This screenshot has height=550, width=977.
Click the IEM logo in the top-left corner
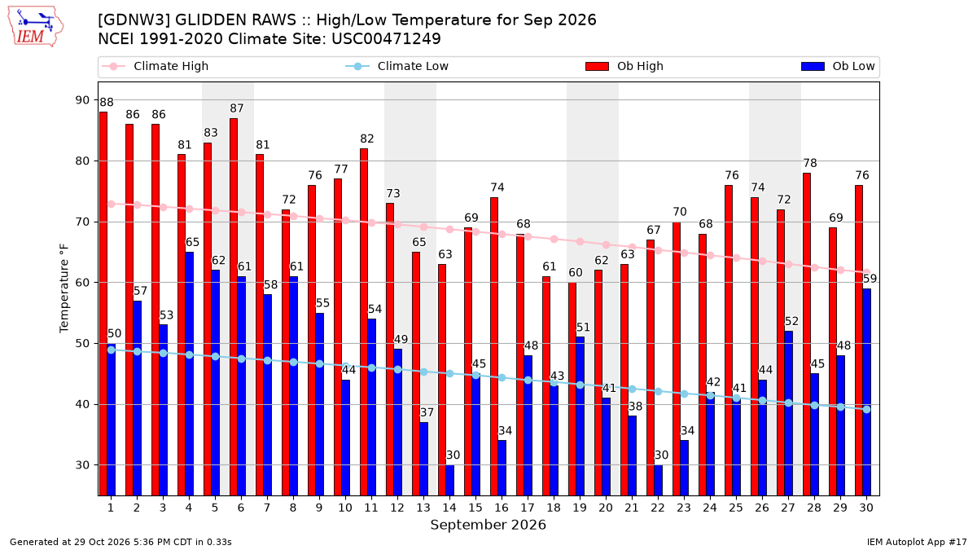coord(36,27)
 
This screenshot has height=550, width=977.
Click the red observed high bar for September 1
coord(103,304)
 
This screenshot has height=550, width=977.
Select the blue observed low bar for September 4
coord(189,374)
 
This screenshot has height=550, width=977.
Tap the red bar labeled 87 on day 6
coord(234,307)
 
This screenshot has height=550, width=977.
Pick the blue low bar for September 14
coord(449,481)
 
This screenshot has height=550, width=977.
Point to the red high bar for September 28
coord(807,334)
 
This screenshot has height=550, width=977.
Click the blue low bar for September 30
coord(866,393)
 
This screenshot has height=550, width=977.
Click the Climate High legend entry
coord(155,66)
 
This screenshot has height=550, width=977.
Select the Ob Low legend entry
coord(838,66)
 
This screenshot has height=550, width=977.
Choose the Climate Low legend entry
coord(396,66)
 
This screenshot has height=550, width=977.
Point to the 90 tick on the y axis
coord(82,100)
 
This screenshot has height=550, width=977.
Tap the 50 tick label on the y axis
coord(82,344)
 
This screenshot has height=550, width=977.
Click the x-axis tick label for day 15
coord(475,508)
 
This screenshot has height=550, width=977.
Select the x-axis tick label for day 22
coord(658,508)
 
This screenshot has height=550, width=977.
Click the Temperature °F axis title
coord(64,288)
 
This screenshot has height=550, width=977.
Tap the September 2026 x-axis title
coord(488,525)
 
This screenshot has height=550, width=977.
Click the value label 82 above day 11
coord(367,139)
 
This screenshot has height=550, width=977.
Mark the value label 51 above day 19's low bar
coord(583,328)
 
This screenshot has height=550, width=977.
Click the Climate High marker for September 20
coord(606,245)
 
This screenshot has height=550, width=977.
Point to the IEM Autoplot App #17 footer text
coord(917,542)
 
